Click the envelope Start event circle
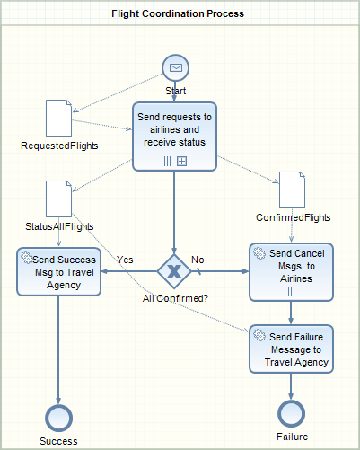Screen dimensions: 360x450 pos(176,67)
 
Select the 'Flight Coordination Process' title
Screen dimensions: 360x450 pos(178,13)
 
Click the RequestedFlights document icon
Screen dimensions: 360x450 pos(58,118)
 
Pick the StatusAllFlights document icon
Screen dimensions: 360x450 pos(58,199)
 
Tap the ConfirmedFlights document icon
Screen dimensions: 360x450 pos(292,190)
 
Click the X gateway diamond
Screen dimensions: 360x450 pos(174,271)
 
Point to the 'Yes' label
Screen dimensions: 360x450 pos(125,260)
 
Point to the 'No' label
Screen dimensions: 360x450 pos(198,260)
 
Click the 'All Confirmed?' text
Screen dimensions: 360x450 pos(175,298)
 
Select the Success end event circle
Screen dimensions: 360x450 pos(58,418)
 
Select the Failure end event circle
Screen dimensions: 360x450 pos(291,413)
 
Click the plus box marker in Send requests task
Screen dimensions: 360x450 pos(181,162)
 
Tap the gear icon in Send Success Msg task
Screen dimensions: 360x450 pos(26,258)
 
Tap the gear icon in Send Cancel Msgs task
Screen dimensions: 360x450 pos(259,253)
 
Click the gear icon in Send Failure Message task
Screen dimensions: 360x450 pos(259,335)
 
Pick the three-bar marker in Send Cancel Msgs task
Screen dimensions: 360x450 pos(291,291)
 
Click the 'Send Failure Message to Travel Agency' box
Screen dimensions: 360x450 pos(291,349)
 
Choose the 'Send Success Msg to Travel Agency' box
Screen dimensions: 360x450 pos(58,271)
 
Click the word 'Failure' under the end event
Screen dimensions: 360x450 pos(293,437)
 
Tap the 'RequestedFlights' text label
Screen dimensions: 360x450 pos(59,146)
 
